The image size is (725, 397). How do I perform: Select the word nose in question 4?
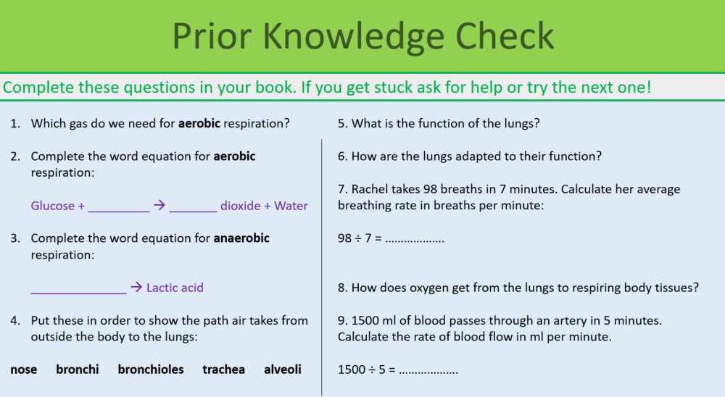[24, 369]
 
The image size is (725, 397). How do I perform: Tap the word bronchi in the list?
[78, 369]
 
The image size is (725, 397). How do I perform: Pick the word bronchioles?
[151, 369]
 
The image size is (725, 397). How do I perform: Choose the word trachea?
[223, 369]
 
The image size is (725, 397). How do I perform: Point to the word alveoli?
[283, 369]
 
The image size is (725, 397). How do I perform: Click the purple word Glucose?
[53, 206]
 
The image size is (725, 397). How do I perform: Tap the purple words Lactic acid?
[175, 288]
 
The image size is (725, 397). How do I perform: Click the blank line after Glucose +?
[118, 209]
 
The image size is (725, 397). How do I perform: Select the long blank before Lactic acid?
[78, 291]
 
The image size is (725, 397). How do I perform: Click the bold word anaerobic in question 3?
[241, 238]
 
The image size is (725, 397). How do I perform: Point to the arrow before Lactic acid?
[136, 288]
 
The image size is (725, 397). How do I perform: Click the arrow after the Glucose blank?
[159, 206]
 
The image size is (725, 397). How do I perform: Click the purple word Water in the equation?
[291, 206]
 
